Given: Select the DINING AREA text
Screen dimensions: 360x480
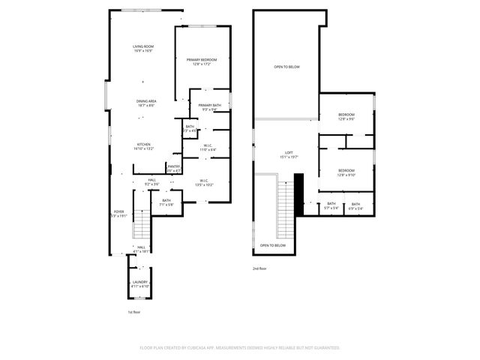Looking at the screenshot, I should pos(145,101).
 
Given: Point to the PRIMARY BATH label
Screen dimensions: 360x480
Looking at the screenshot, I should pos(209,106).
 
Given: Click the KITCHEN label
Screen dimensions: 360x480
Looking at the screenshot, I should pos(143,144).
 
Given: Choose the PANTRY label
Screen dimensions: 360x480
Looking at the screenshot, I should pos(173,166).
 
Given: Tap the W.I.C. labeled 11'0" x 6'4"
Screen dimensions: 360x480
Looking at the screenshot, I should pos(207,146).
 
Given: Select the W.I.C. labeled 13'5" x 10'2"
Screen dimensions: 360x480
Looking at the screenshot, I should pos(202,180).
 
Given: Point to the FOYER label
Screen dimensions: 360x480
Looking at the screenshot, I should pos(119,211).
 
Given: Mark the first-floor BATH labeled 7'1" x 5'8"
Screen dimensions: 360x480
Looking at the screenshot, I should pos(166,200).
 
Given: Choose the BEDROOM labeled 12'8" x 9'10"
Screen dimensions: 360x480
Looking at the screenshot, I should pos(346,171).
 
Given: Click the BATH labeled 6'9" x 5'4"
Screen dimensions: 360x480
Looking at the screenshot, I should pos(355,204).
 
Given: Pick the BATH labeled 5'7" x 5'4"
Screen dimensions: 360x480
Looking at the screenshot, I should pos(331,204).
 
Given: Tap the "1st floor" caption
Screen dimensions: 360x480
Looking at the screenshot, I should pos(133,311).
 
